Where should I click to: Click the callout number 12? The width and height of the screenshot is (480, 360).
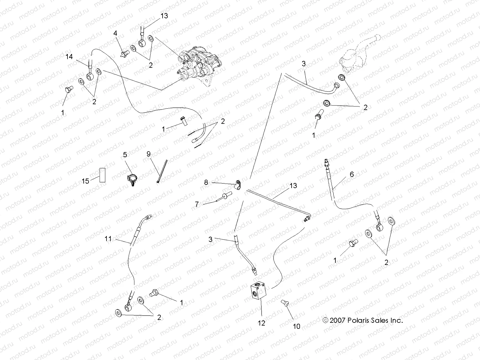click(x=262, y=323)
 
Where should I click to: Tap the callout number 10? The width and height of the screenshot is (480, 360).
click(x=296, y=326)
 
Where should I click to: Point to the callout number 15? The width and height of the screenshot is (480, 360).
click(x=85, y=181)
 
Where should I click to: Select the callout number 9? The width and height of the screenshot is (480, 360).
click(x=148, y=154)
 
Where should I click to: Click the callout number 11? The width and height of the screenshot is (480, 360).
click(x=108, y=239)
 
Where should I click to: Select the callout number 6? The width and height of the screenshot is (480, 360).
click(x=352, y=174)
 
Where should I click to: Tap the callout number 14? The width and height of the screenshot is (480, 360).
click(x=69, y=56)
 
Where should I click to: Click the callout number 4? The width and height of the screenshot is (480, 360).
click(x=115, y=33)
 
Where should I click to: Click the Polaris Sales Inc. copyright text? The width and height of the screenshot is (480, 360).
click(x=362, y=320)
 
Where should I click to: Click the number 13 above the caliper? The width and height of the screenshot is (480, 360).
click(x=164, y=16)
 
